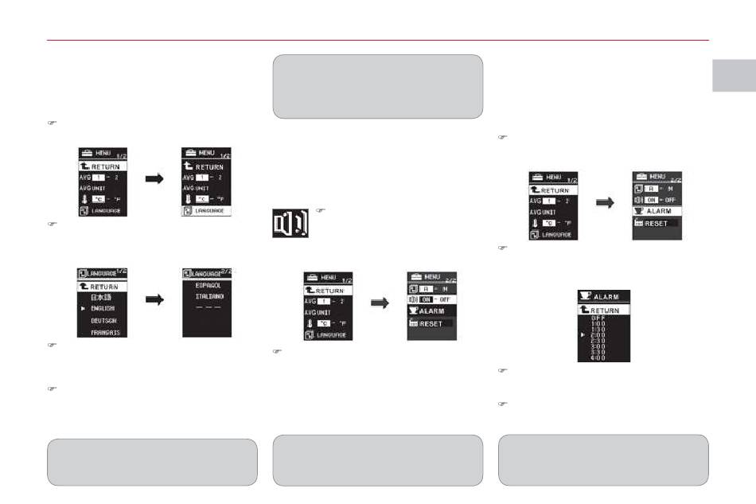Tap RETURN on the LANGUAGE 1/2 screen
click(x=104, y=285)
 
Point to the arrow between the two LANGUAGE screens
click(x=154, y=300)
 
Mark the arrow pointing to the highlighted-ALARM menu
click(x=606, y=202)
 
